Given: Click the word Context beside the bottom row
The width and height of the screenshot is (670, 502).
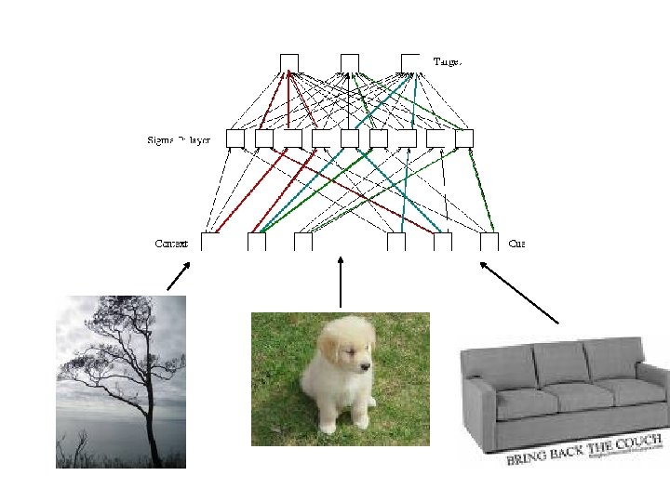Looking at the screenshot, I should pyautogui.click(x=171, y=244).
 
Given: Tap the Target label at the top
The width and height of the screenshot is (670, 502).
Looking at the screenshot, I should pyautogui.click(x=448, y=61).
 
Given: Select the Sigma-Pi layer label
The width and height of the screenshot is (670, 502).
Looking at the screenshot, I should pyautogui.click(x=180, y=140).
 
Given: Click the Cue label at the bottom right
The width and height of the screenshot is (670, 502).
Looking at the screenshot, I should pyautogui.click(x=516, y=244).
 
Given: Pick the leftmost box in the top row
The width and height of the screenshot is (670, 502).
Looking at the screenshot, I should pyautogui.click(x=289, y=62).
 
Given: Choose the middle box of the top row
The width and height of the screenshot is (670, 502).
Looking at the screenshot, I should pyautogui.click(x=350, y=62).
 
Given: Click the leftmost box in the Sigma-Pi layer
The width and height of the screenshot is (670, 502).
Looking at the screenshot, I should pyautogui.click(x=235, y=139).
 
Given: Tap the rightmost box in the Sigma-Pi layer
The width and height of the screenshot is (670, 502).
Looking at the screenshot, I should pyautogui.click(x=465, y=139).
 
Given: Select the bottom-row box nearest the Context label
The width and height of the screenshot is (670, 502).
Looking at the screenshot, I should pyautogui.click(x=210, y=242).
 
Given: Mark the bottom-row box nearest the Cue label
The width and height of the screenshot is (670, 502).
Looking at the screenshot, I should pyautogui.click(x=489, y=242).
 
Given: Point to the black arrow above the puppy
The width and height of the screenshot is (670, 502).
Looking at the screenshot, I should pyautogui.click(x=342, y=279).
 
